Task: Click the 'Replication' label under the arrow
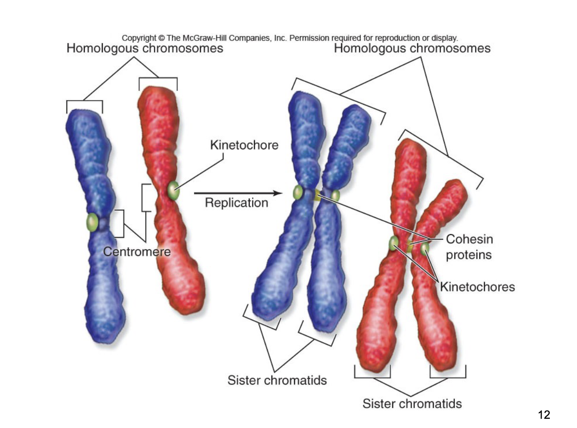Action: [236, 202]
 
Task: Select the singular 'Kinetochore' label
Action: [244, 145]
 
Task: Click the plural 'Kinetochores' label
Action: [477, 287]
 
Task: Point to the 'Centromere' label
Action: [137, 252]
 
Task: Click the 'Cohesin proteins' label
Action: [469, 247]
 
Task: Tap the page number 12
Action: [544, 415]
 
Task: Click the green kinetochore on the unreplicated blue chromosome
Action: [93, 223]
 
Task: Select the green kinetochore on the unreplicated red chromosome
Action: [173, 190]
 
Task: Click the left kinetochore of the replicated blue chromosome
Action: [298, 192]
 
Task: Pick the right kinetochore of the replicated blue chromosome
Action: [335, 195]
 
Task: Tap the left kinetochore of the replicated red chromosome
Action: [394, 243]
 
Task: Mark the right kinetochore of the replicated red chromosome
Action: [424, 248]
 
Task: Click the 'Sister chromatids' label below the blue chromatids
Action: [277, 380]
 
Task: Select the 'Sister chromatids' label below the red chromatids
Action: [412, 404]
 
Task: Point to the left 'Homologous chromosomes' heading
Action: [145, 48]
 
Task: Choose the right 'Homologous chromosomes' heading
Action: [412, 48]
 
